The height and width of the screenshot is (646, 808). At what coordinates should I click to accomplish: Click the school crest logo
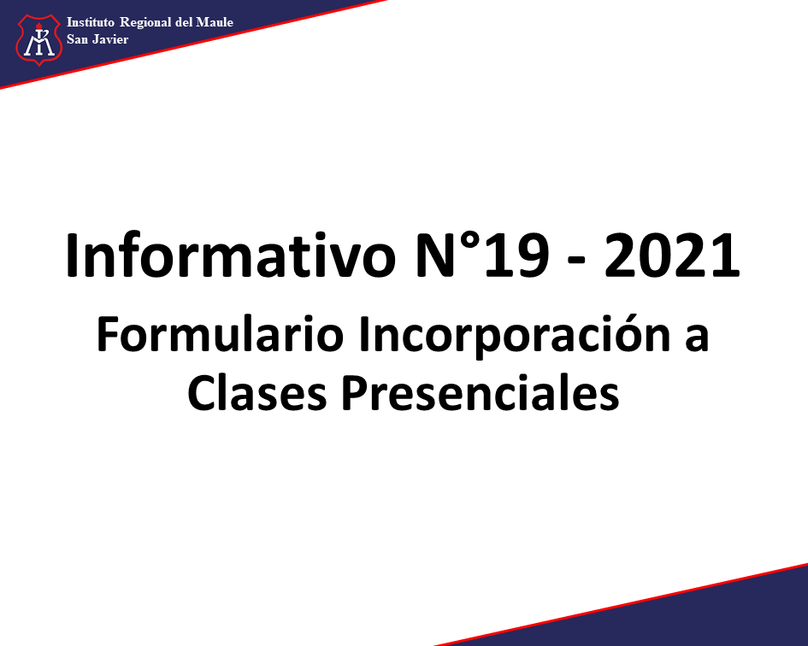38,40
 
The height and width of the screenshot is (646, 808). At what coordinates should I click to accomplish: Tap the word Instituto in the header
90,22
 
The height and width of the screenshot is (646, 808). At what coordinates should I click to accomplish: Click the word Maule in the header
215,22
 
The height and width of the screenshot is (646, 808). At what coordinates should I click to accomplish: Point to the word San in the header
77,39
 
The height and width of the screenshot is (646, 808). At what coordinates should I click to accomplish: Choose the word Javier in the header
110,39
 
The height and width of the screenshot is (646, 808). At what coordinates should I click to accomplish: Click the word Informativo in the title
231,255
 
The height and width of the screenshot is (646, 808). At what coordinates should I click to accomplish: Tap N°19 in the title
481,255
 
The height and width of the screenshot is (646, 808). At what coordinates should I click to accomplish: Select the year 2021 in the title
672,255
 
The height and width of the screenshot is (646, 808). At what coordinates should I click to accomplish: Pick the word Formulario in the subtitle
220,334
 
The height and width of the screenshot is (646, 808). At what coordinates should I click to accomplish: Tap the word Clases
257,392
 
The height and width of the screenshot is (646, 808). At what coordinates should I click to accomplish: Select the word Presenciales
481,392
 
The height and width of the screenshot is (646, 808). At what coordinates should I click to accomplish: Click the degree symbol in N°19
468,242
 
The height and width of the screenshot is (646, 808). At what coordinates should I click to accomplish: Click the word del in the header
184,22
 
